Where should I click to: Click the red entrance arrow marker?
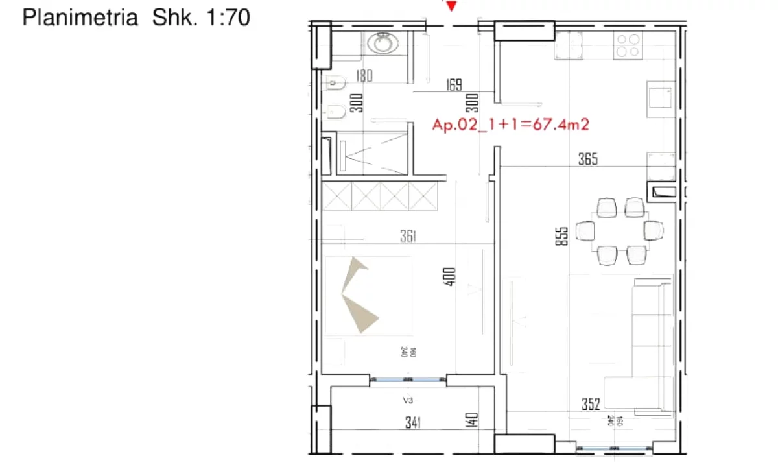(451, 6)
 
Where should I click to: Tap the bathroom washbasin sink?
(383, 44)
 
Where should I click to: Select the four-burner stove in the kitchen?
(628, 46)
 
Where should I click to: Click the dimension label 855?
(561, 236)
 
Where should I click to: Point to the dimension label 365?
(588, 159)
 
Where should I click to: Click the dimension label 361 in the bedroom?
(408, 236)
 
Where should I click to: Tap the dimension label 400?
(449, 277)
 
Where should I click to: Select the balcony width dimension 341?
(413, 423)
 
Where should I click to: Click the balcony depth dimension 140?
(471, 420)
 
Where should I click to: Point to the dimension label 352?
(591, 404)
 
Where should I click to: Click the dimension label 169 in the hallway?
(454, 85)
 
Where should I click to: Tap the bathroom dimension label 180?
(364, 76)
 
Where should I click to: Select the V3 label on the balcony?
(408, 400)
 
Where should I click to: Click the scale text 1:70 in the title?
(228, 17)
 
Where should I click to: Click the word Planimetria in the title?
(80, 17)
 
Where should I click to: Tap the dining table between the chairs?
(619, 231)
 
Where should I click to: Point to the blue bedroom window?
(408, 380)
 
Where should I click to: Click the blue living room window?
(615, 449)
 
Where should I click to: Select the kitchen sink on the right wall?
(661, 99)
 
